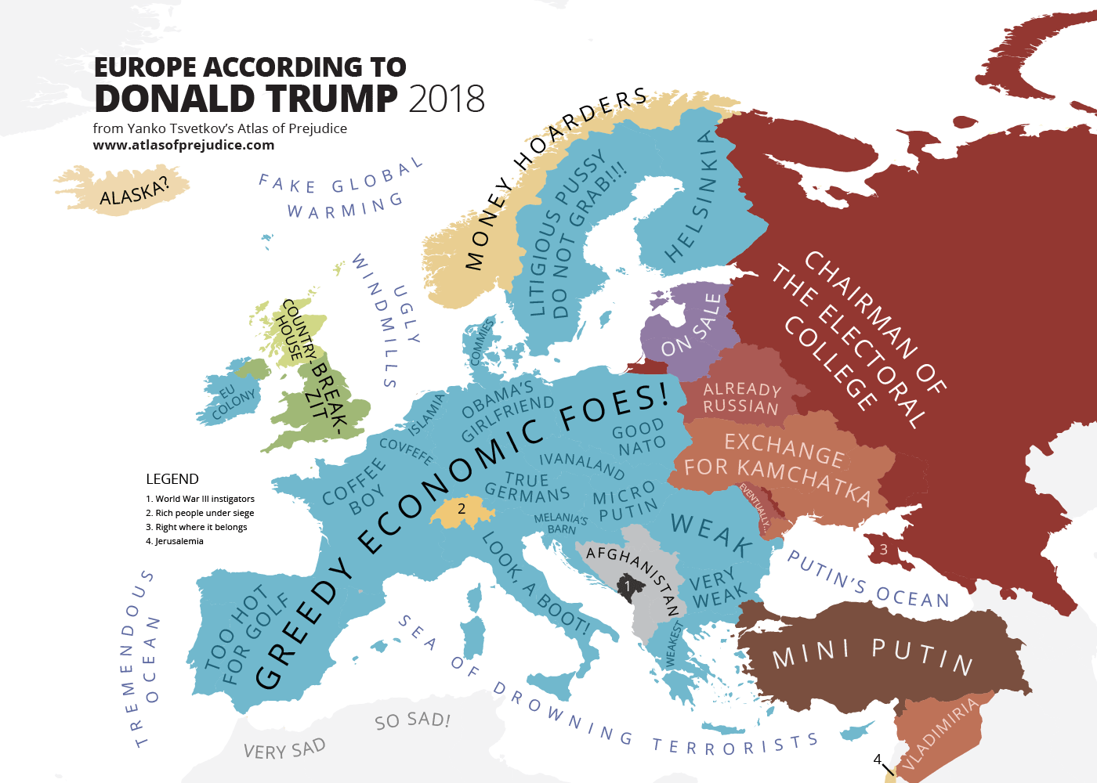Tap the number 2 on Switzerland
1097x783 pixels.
tap(462, 509)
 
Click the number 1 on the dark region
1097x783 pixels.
tap(627, 586)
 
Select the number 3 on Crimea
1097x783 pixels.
tap(883, 549)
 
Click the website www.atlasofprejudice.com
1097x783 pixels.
tap(183, 145)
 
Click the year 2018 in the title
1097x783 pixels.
tap(446, 99)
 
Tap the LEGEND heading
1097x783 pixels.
tap(172, 479)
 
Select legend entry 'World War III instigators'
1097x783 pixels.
tap(200, 499)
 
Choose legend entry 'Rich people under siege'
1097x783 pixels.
tap(200, 513)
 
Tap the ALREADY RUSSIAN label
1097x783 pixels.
tap(741, 398)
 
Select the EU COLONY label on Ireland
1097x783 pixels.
tap(233, 401)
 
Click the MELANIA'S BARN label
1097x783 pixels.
tap(561, 524)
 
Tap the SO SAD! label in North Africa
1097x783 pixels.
tap(412, 720)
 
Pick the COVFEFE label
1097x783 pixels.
tap(405, 450)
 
